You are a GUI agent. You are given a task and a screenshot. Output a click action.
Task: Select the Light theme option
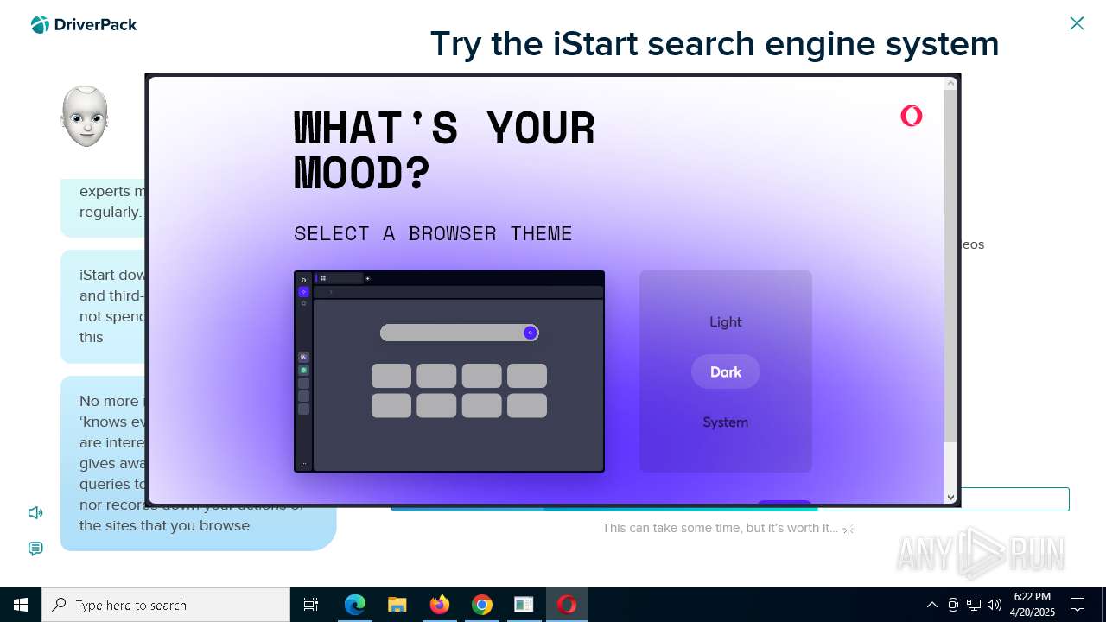(725, 321)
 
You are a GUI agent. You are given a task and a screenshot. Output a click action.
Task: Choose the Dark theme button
(725, 371)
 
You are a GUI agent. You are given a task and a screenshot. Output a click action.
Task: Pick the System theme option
(725, 422)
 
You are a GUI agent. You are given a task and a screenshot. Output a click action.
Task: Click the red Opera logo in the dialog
(911, 116)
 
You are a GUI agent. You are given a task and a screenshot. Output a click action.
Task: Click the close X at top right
(1077, 23)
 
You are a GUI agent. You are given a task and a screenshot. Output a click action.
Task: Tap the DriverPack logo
(84, 25)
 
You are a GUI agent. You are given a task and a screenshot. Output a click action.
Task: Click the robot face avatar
(85, 117)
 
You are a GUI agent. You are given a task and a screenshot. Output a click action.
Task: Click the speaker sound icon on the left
(35, 512)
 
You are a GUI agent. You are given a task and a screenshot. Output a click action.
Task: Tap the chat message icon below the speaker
(35, 549)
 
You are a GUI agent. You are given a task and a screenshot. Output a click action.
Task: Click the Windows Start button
(21, 605)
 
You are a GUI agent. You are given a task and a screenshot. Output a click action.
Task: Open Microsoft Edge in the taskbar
(354, 605)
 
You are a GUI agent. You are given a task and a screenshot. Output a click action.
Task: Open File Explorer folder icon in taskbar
(397, 605)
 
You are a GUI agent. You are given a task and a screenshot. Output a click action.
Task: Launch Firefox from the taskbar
(439, 605)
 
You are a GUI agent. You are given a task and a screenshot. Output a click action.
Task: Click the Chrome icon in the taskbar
(481, 605)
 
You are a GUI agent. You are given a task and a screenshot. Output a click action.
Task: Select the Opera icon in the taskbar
(567, 605)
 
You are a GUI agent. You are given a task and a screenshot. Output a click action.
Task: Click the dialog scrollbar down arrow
(950, 497)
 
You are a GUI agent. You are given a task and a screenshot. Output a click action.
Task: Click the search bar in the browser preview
(454, 333)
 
